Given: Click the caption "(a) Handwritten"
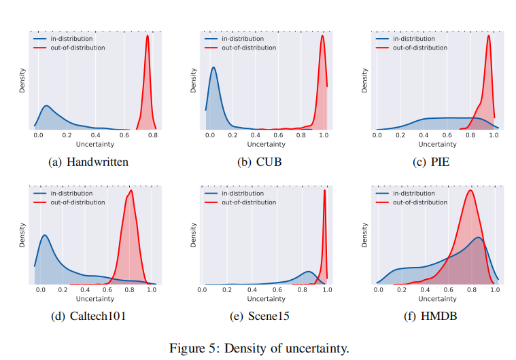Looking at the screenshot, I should [88, 162].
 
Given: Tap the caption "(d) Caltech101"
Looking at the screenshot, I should [88, 317].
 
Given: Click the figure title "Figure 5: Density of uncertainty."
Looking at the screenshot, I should [258, 348].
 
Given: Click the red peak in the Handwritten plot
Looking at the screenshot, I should [148, 37].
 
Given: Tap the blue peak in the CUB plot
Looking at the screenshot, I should [213, 67].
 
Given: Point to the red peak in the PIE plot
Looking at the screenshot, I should [488, 37].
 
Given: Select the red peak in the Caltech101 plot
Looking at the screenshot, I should [131, 190].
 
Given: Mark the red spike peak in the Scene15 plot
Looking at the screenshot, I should [324, 190].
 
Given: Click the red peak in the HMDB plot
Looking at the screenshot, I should [469, 190].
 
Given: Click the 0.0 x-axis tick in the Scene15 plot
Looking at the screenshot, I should [203, 290].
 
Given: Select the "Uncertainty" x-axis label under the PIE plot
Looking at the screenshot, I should [437, 144].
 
